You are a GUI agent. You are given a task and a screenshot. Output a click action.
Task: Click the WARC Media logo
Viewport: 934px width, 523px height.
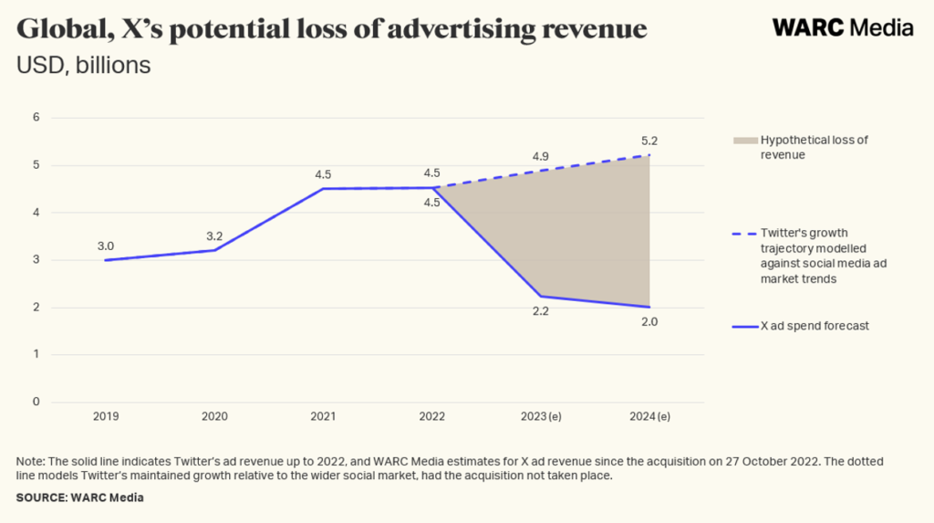tap(842, 27)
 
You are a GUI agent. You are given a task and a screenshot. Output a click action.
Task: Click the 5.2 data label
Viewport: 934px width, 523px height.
tap(649, 141)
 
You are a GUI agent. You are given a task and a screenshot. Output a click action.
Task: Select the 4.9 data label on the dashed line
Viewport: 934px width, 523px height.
tap(542, 156)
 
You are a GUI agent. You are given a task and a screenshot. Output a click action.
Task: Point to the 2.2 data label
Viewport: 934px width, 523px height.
tap(542, 312)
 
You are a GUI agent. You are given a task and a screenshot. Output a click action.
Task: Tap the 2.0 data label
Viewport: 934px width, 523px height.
tap(649, 322)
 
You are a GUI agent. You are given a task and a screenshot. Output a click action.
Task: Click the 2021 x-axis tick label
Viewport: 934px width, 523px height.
tap(324, 417)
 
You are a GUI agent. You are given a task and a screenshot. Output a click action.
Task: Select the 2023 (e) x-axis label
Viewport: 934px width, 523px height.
tap(542, 417)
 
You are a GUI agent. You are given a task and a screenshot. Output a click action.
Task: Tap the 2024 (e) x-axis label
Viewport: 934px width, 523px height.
tap(649, 417)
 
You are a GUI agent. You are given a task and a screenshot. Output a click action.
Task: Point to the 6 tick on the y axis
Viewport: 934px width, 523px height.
tap(36, 117)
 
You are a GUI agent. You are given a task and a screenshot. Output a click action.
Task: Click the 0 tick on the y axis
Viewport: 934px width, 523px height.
tap(36, 402)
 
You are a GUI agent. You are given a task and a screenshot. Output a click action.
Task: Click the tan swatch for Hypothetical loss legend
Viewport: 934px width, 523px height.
tap(744, 141)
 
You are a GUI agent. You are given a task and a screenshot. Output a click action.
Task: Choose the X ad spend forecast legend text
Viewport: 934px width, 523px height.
tap(814, 326)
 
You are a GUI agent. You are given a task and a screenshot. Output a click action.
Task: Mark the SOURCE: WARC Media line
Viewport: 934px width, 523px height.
tap(79, 497)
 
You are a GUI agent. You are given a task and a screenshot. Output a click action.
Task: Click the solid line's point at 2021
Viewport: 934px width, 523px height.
tap(324, 189)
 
